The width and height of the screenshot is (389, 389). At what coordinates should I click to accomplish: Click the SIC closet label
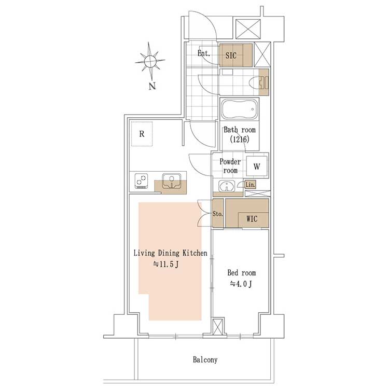click(231, 55)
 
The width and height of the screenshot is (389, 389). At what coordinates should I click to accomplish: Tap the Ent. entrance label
click(204, 53)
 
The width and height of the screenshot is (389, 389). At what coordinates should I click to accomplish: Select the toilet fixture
click(258, 82)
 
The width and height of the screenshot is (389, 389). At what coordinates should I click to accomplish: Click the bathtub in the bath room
click(240, 109)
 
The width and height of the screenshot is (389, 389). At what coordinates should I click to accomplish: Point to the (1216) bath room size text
click(240, 139)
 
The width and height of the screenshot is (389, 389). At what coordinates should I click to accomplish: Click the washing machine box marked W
click(257, 166)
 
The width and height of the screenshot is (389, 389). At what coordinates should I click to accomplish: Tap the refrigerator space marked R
click(142, 134)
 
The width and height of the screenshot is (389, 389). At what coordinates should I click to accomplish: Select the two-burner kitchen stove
click(142, 180)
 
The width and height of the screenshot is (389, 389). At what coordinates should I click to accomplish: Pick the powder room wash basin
click(227, 186)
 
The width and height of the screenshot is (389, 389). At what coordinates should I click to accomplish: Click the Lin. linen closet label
click(250, 185)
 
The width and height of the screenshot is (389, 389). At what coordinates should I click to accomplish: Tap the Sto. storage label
click(217, 214)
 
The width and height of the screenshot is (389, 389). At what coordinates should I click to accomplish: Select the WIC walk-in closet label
click(252, 219)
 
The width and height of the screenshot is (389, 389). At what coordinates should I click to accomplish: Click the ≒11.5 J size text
click(165, 264)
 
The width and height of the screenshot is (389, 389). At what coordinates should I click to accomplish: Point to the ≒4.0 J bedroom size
click(241, 284)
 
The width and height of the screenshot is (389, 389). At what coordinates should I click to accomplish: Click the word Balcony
click(205, 359)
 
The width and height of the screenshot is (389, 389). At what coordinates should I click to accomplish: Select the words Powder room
click(230, 166)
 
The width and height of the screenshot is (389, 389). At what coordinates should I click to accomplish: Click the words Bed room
click(241, 273)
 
